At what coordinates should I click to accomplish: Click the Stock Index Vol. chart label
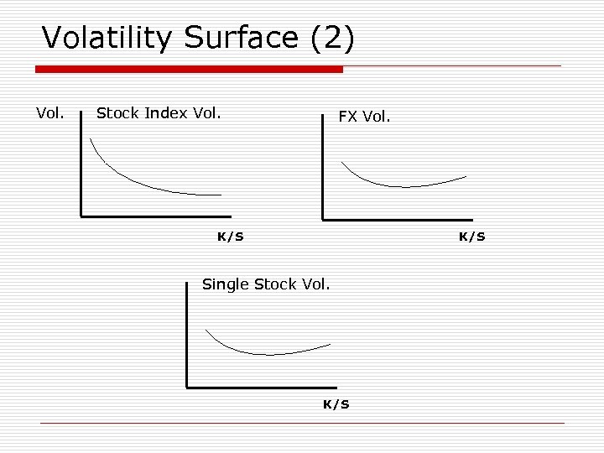[x=159, y=113]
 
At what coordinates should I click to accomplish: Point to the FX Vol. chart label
[x=364, y=117]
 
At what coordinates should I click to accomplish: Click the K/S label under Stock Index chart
[x=230, y=237]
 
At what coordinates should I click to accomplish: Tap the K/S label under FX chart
[x=471, y=237]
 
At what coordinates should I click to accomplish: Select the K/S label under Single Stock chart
[x=336, y=404]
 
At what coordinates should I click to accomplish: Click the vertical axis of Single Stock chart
[x=186, y=336]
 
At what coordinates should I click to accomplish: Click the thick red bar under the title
[x=189, y=69]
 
